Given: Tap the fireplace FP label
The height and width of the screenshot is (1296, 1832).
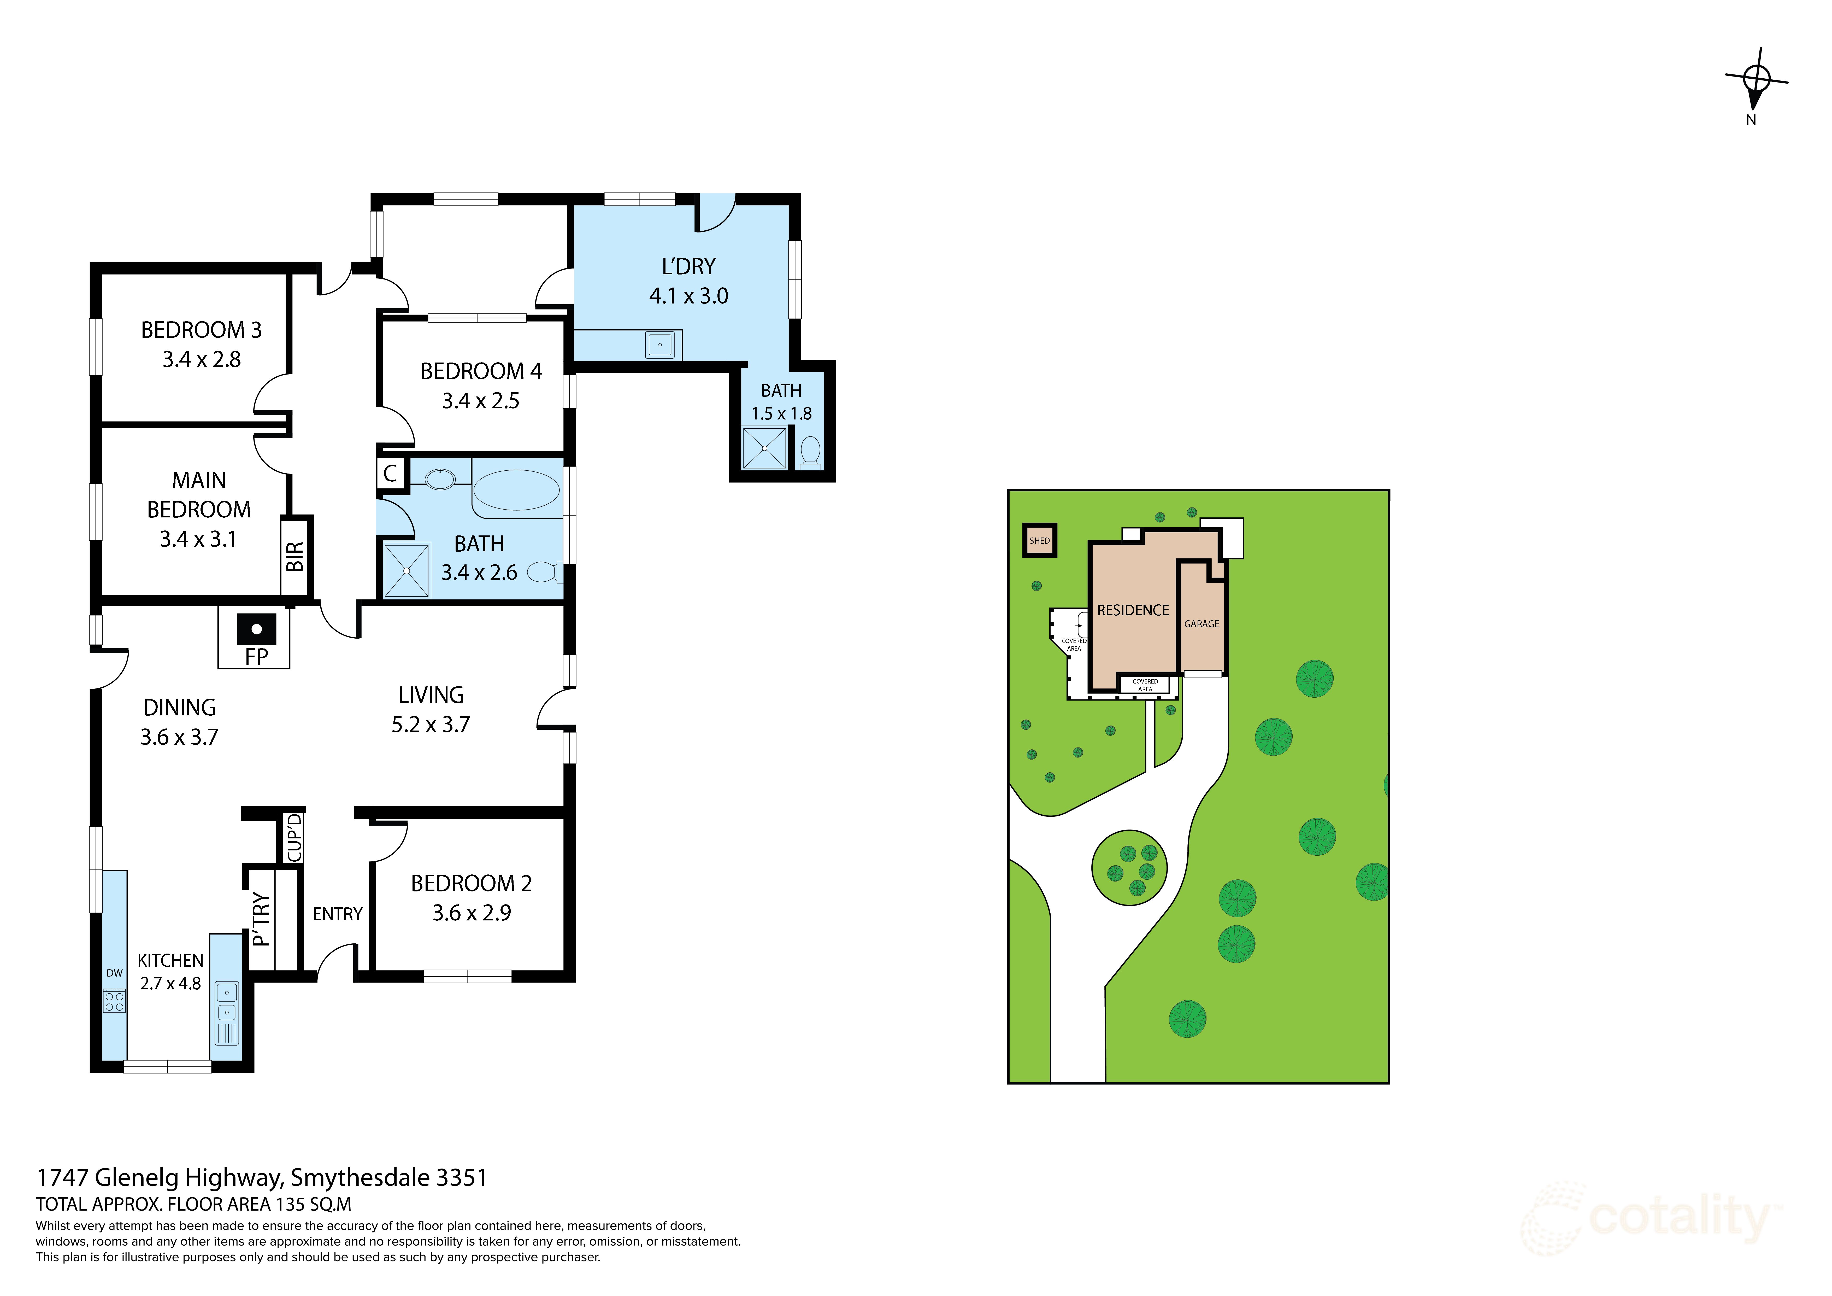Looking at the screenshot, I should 256,656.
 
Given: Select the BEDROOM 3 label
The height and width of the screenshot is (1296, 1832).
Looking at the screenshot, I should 201,330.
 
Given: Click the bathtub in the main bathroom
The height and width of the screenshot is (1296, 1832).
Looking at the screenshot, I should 516,489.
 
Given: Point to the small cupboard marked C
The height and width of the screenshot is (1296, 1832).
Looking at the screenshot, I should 390,473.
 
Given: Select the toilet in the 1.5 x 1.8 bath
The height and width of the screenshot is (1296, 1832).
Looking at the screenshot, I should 810,451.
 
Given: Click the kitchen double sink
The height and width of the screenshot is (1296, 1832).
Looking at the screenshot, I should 227,1002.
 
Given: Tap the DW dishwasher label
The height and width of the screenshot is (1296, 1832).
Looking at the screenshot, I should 114,973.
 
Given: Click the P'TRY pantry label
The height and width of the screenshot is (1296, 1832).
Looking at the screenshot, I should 261,919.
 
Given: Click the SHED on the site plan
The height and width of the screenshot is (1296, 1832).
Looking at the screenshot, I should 1040,540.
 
